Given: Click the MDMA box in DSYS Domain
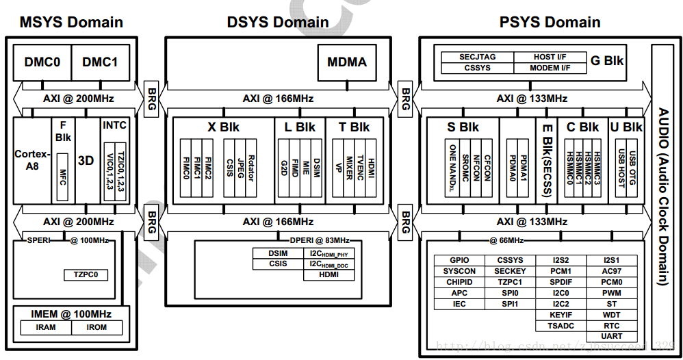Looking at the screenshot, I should pyautogui.click(x=347, y=62).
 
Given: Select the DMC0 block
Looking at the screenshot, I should pyautogui.click(x=42, y=62).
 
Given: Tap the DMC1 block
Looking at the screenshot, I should pyautogui.click(x=100, y=62).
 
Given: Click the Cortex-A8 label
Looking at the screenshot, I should pyautogui.click(x=32, y=159).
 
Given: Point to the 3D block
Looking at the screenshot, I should pyautogui.click(x=86, y=161).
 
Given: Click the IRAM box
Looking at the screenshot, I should pyautogui.click(x=46, y=327).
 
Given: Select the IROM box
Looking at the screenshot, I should pyautogui.click(x=97, y=327).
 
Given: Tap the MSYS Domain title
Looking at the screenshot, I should pyautogui.click(x=71, y=22).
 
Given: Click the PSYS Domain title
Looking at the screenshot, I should pyautogui.click(x=550, y=22).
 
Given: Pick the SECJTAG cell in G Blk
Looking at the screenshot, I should pyautogui.click(x=477, y=57).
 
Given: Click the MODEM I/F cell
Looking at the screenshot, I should pyautogui.click(x=550, y=68).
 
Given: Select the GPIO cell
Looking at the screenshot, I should pyautogui.click(x=459, y=260).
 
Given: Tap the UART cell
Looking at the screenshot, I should pyautogui.click(x=612, y=336).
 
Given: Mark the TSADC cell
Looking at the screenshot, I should pyautogui.click(x=560, y=326).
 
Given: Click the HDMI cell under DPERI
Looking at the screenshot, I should pyautogui.click(x=328, y=275).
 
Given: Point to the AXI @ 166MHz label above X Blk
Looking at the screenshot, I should pyautogui.click(x=278, y=99).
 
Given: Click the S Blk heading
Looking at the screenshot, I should pyautogui.click(x=463, y=127).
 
